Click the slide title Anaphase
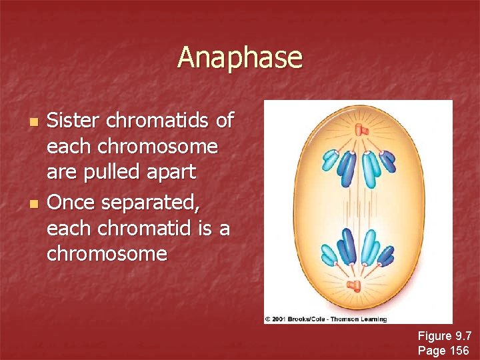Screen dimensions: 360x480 [239, 57]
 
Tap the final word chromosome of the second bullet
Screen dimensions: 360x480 [107, 253]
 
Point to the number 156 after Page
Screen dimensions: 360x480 [459, 350]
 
